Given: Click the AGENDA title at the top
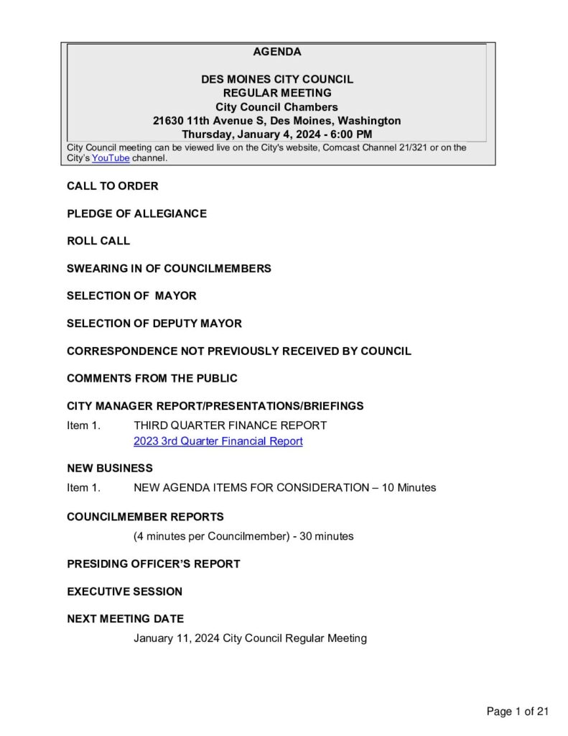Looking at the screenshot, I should [x=277, y=52].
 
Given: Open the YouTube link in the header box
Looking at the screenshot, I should [x=111, y=158].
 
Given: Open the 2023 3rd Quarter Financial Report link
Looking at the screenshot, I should [x=218, y=441].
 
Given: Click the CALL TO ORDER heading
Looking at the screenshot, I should [x=113, y=186].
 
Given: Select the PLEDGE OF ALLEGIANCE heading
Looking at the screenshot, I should [x=136, y=213].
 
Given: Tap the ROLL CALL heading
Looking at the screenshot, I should [x=98, y=241].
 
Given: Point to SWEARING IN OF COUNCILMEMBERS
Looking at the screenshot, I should [x=169, y=268].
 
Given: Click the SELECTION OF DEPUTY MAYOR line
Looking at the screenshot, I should [x=154, y=323].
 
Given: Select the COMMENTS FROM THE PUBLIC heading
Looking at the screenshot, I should [x=152, y=378].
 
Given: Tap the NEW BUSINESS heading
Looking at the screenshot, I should [x=110, y=468].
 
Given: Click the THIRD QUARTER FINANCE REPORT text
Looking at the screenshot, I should [x=230, y=425].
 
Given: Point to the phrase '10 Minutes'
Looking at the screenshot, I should [x=409, y=487].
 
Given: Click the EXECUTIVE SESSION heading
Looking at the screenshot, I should [x=124, y=592].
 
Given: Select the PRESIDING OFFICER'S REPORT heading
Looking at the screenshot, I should [x=153, y=563].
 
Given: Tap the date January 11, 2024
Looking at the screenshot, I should [x=177, y=638].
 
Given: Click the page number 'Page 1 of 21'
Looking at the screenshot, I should [x=517, y=712].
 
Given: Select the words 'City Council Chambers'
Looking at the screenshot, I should [x=277, y=107].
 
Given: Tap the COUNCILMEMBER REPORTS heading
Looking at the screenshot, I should [x=145, y=517].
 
